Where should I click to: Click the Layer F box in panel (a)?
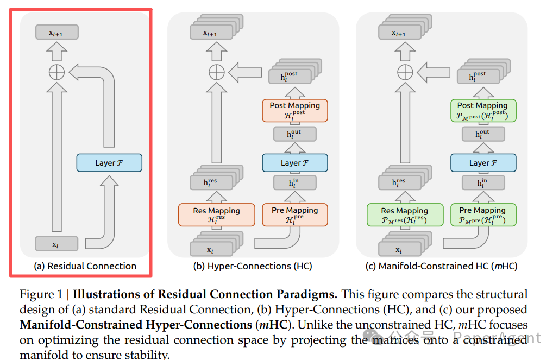pos(109,163)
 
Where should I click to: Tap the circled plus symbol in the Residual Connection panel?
pos(57,72)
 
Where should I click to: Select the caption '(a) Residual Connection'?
pos(85,266)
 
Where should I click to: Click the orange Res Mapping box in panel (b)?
pos(216,214)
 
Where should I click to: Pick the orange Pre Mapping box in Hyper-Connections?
pos(294,214)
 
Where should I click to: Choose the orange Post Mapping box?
pos(294,110)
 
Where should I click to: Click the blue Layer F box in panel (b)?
pos(294,163)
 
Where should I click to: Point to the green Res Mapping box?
pos(405,214)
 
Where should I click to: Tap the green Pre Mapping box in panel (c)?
pos(482,214)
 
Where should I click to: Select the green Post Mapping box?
pos(482,110)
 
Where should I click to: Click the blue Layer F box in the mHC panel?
pos(482,163)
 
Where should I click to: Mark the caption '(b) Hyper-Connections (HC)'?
pos(253,266)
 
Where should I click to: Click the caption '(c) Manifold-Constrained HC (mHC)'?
pos(441,266)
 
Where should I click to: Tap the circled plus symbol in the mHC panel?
pos(405,72)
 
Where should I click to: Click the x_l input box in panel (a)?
pos(56,244)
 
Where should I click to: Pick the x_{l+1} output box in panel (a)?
pos(56,32)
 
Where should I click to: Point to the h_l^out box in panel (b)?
pos(294,134)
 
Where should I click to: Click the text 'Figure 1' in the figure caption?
pos(41,295)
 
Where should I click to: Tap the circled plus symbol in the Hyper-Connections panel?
pos(217,72)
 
